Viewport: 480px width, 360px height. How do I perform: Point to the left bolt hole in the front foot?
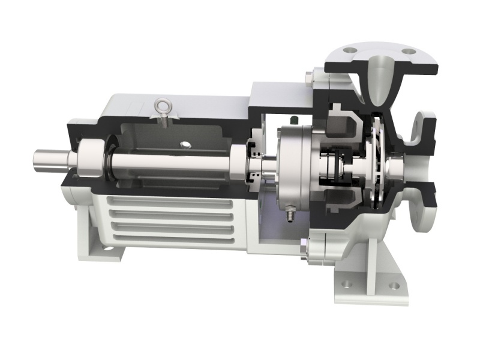(347, 283)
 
